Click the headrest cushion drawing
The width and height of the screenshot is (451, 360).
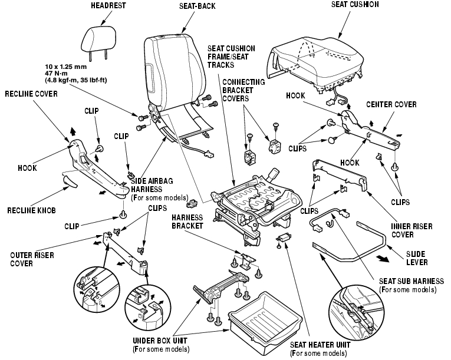[x=94, y=39]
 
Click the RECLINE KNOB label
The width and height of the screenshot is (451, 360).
[x=31, y=209]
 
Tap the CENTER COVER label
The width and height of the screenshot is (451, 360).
[x=391, y=104]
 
